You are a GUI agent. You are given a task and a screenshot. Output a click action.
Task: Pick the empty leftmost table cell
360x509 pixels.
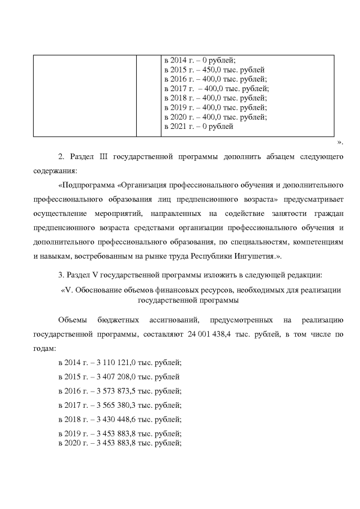(x=84, y=95)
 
